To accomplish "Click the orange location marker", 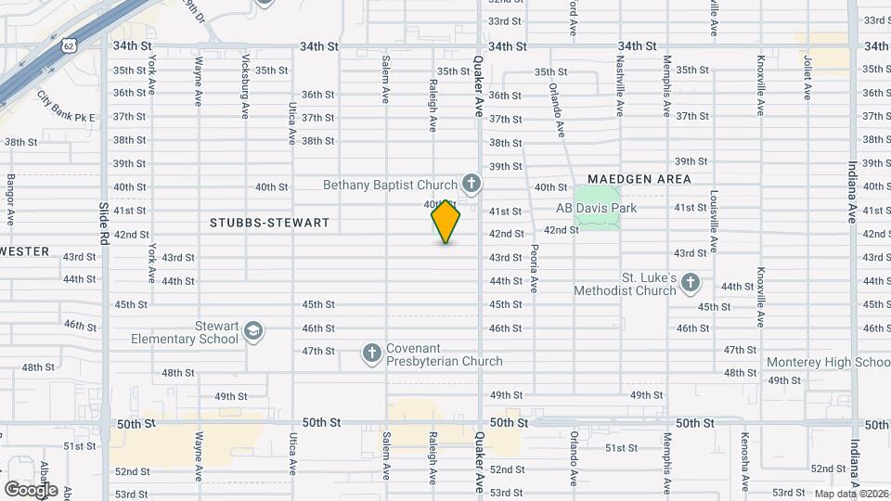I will pyautogui.click(x=445, y=222).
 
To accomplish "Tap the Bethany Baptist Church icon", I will pyautogui.click(x=471, y=184).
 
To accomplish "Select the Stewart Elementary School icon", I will pyautogui.click(x=253, y=331).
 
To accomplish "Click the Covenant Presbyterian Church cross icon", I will pyautogui.click(x=371, y=353).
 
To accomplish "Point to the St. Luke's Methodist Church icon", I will pyautogui.click(x=690, y=282).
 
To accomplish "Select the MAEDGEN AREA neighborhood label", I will pyautogui.click(x=639, y=178).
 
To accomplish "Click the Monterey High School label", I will pyautogui.click(x=828, y=362).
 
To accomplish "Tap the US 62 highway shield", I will pyautogui.click(x=70, y=44).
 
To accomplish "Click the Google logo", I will pyautogui.click(x=31, y=489).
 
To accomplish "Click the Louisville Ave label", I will pyautogui.click(x=714, y=222).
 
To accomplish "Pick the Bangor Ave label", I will pyautogui.click(x=11, y=199).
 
